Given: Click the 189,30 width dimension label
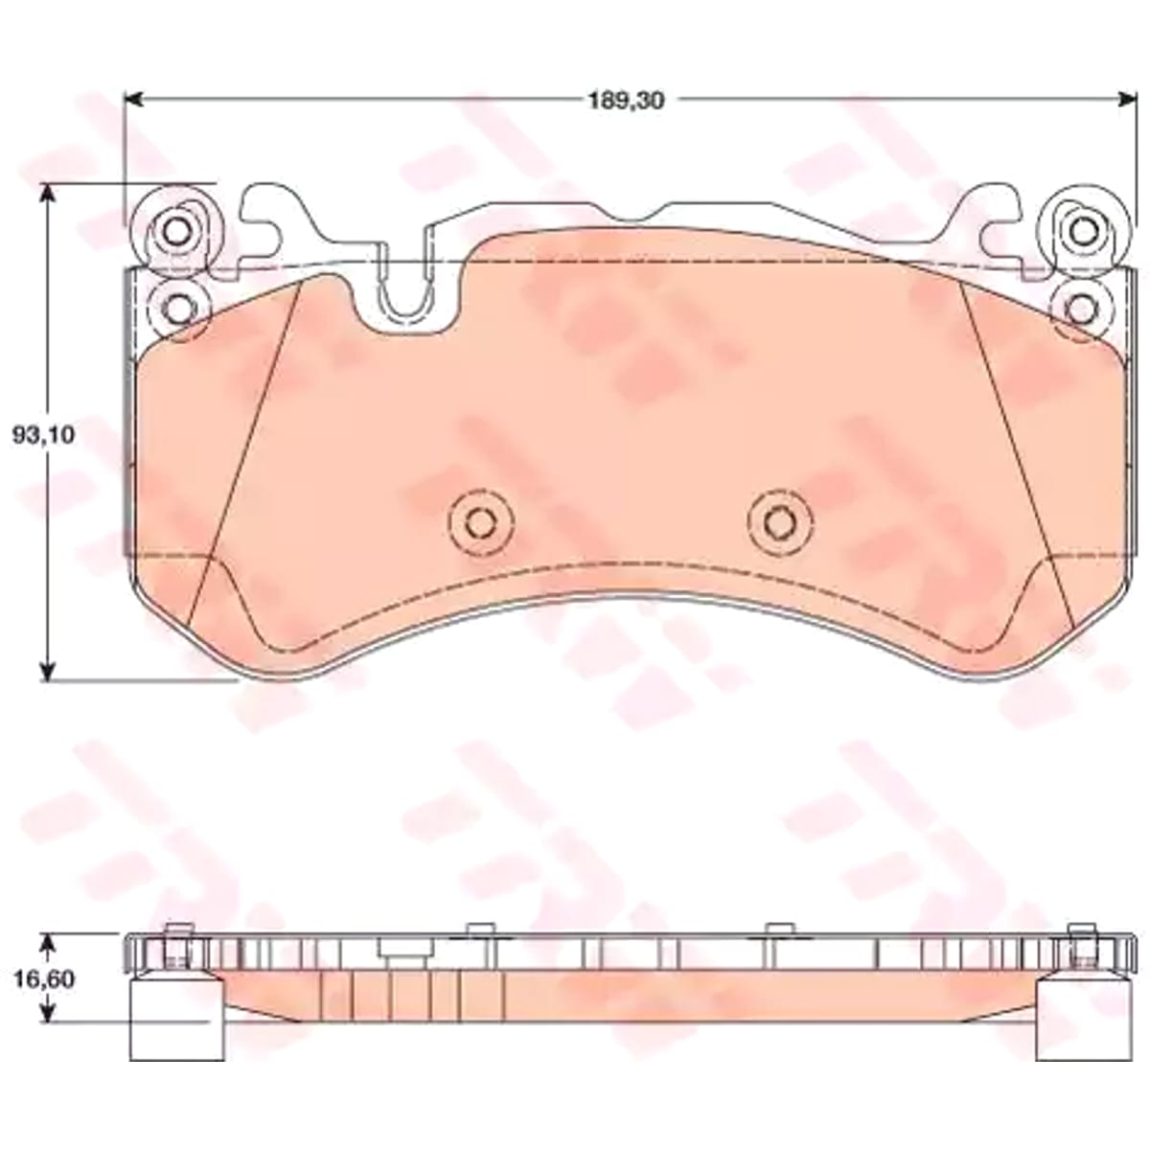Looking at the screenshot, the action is coord(626,102).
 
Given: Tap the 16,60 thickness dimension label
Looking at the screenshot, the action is coord(43,979).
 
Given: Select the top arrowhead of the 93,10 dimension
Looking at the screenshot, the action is coord(49,195).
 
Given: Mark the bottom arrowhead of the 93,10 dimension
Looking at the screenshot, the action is coord(49,669).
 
